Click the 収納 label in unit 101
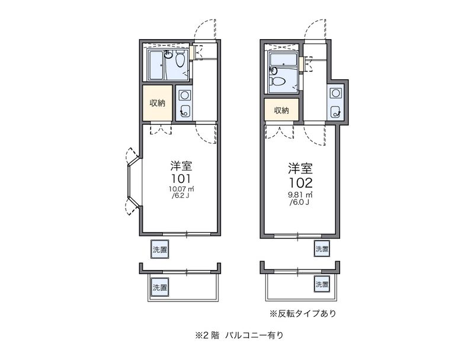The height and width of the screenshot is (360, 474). tap(158, 103)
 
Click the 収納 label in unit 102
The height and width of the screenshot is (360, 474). tap(281, 110)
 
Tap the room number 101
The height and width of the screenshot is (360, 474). tap(181, 178)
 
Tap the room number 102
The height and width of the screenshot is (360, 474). tap(300, 182)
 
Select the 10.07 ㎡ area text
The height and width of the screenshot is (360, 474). tap(181, 189)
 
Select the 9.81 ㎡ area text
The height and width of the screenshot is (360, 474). tap(300, 195)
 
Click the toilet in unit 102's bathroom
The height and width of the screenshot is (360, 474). tap(278, 81)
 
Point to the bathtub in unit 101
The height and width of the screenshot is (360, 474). tap(156, 66)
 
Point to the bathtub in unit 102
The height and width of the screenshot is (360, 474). tap(283, 59)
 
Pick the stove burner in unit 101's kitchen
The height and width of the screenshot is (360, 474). tap(184, 95)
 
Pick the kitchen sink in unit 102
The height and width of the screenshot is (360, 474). tap(335, 111)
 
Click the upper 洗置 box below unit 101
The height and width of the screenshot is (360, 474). tap(159, 249)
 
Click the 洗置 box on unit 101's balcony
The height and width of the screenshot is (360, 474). tap(159, 287)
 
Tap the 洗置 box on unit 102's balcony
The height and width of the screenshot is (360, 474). tap(322, 284)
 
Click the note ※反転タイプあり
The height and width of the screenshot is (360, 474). tap(303, 313)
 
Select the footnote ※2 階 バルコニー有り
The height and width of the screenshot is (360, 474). tap(239, 335)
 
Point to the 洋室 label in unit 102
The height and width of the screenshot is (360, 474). tap(300, 169)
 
